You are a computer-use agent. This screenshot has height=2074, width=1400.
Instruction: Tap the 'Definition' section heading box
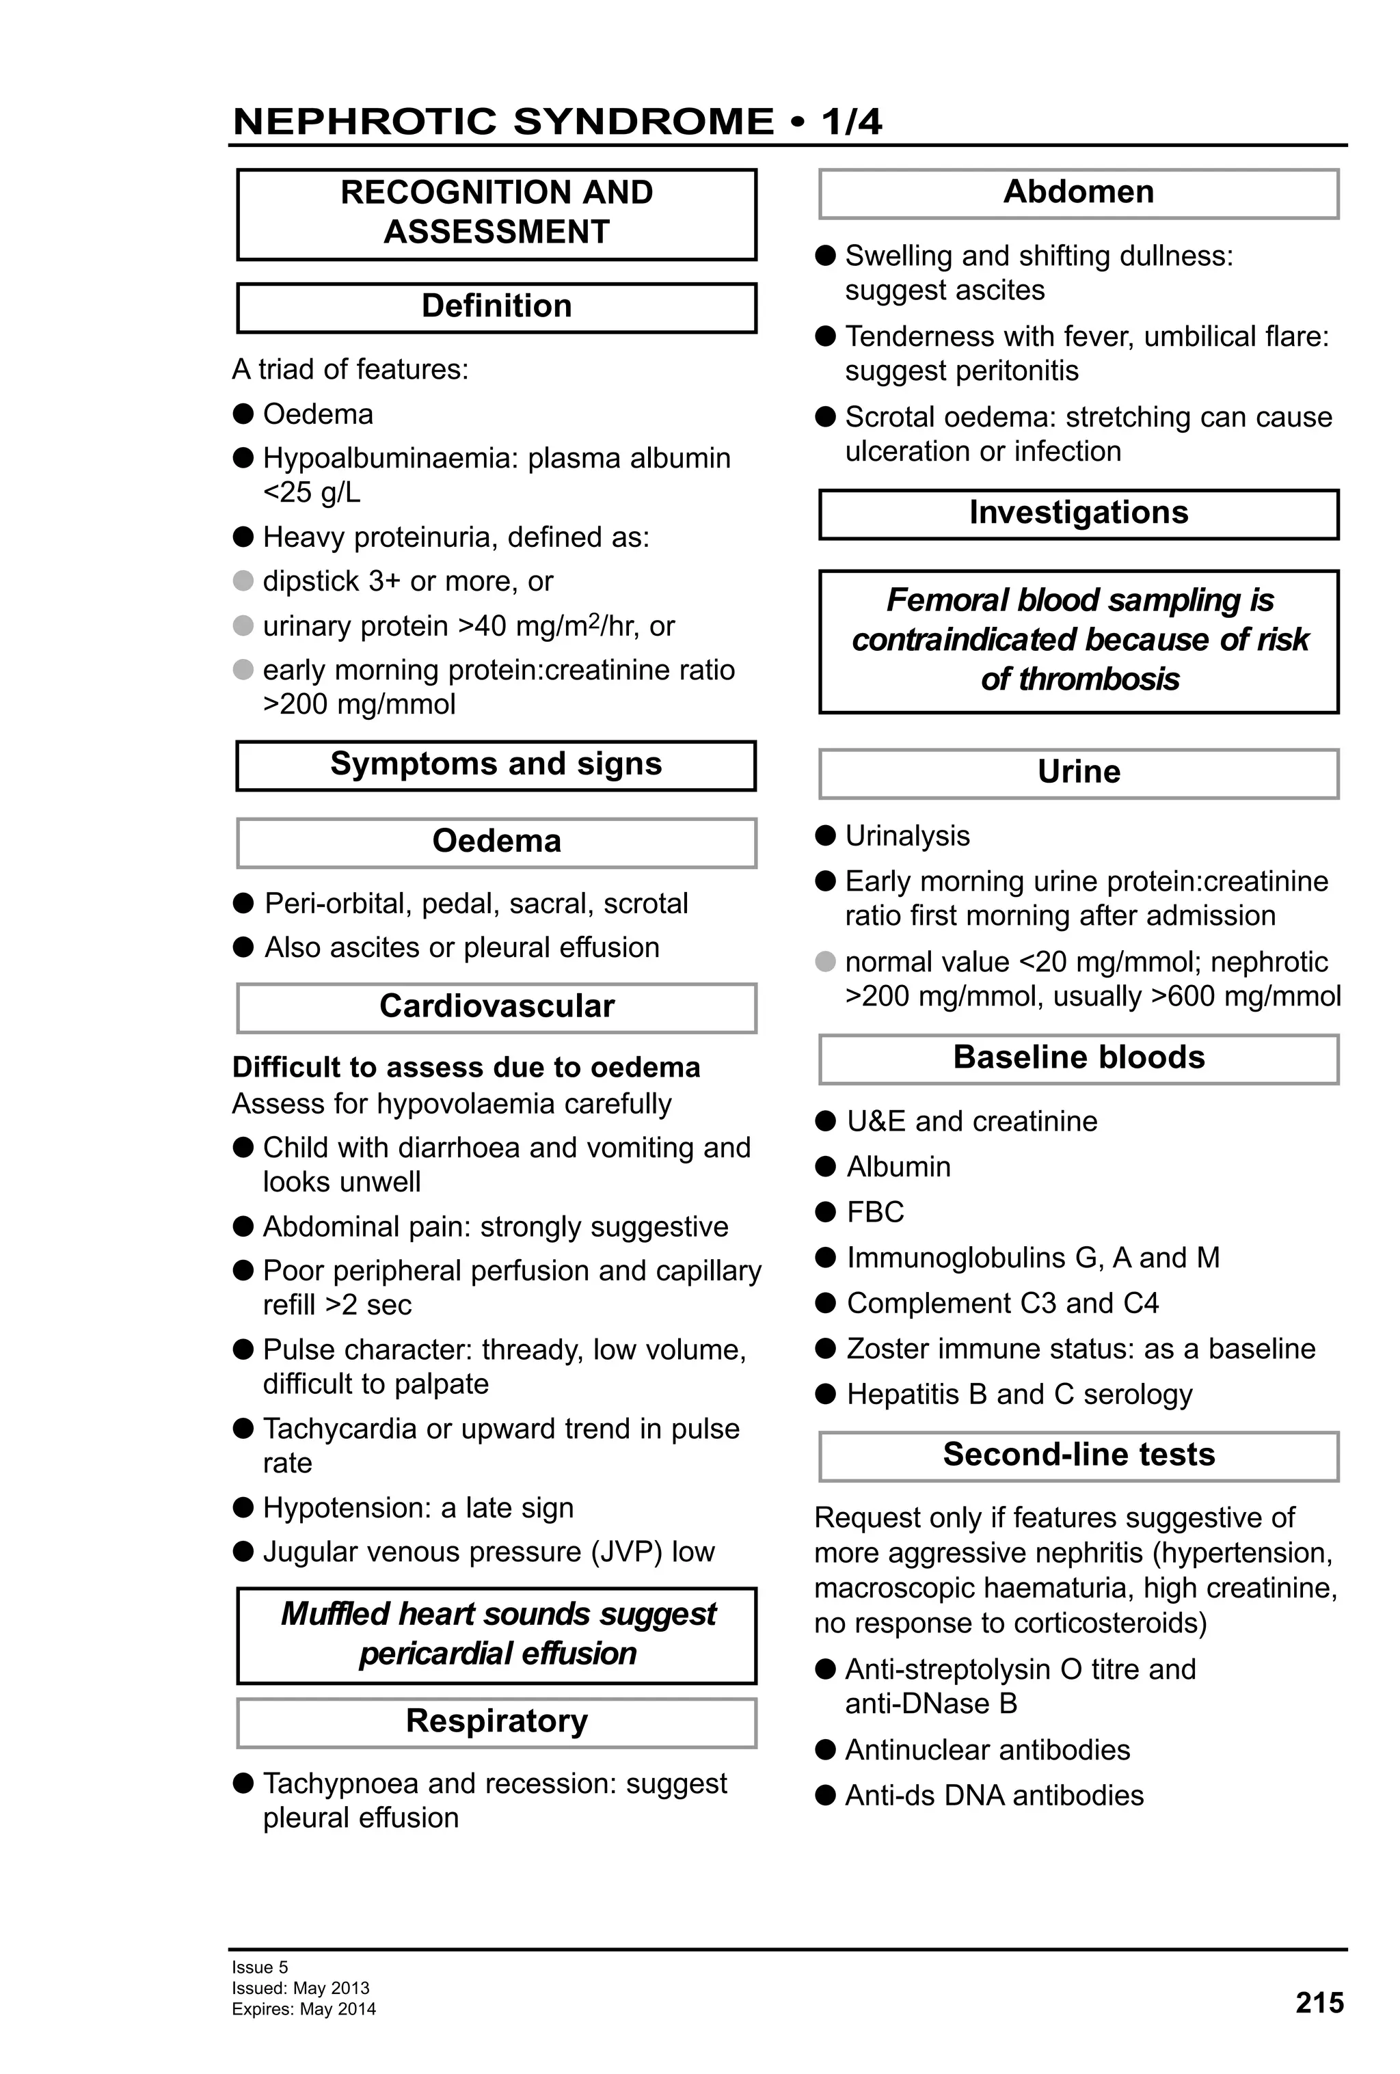click(496, 307)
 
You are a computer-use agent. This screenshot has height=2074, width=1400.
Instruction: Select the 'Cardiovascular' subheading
click(496, 1007)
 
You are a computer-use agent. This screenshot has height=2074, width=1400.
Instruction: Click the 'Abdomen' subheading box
click(1078, 193)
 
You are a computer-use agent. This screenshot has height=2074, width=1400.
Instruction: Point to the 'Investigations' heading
click(1078, 513)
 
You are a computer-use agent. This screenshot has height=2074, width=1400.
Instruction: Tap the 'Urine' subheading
click(1078, 772)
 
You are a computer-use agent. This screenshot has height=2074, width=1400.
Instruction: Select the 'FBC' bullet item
click(874, 1212)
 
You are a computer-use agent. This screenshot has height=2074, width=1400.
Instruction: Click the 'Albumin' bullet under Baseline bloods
click(898, 1166)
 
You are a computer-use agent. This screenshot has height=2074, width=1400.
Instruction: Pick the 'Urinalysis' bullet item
click(906, 835)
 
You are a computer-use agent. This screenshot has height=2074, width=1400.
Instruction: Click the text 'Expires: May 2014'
click(304, 2010)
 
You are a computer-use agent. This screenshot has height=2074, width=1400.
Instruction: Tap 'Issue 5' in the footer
click(260, 1967)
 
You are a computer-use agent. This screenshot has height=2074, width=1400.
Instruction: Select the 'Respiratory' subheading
click(496, 1721)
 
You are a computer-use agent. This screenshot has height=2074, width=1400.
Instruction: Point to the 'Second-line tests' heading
click(1078, 1455)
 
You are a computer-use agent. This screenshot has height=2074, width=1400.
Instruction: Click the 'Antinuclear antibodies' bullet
click(987, 1750)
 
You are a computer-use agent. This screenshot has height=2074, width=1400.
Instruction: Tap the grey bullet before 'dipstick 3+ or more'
click(243, 581)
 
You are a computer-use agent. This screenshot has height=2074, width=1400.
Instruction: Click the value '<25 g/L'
click(312, 493)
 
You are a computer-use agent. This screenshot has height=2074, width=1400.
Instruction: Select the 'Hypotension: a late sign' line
click(418, 1508)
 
